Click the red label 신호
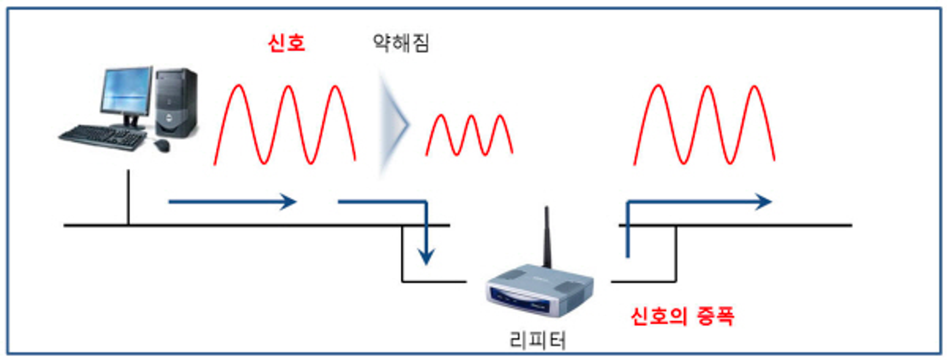[286, 43]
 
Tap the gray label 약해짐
[401, 43]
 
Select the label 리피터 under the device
[537, 340]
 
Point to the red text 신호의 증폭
[682, 316]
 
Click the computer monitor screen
[125, 90]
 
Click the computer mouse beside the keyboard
[162, 145]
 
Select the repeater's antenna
[547, 237]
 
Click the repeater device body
[540, 291]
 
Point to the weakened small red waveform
[469, 135]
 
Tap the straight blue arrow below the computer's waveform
[232, 202]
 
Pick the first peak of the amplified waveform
[658, 87]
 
